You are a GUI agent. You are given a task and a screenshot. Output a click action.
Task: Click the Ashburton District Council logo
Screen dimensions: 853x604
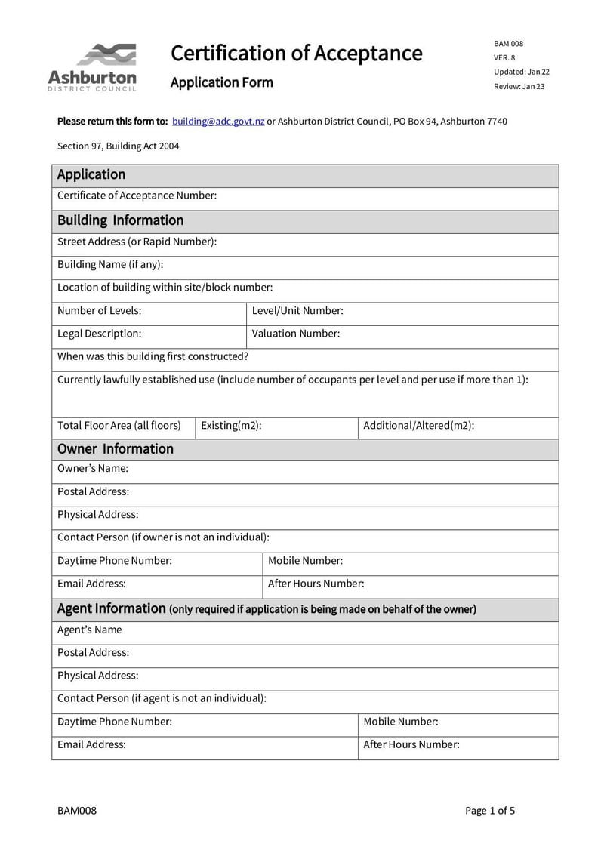[92, 67]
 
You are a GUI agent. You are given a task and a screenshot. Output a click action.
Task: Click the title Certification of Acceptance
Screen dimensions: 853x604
[296, 54]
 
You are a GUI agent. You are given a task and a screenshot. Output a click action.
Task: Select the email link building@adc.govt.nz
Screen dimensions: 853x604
[218, 121]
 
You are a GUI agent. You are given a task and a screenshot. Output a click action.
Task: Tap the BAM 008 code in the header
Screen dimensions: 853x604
[508, 44]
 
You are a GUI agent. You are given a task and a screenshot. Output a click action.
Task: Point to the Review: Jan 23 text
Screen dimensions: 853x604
[519, 86]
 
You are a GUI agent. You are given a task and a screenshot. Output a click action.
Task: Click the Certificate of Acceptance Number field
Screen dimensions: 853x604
[385, 196]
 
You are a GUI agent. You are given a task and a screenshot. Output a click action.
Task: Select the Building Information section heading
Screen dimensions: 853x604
[121, 220]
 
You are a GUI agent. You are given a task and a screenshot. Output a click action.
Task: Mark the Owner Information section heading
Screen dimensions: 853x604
[116, 449]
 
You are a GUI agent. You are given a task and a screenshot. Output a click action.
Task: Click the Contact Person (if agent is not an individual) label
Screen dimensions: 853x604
[162, 698]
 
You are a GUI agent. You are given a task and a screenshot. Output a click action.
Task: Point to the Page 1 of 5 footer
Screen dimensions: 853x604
[490, 811]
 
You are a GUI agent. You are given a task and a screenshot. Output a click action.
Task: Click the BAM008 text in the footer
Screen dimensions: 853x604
[77, 811]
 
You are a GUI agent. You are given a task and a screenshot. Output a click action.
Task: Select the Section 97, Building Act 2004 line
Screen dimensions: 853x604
[119, 146]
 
